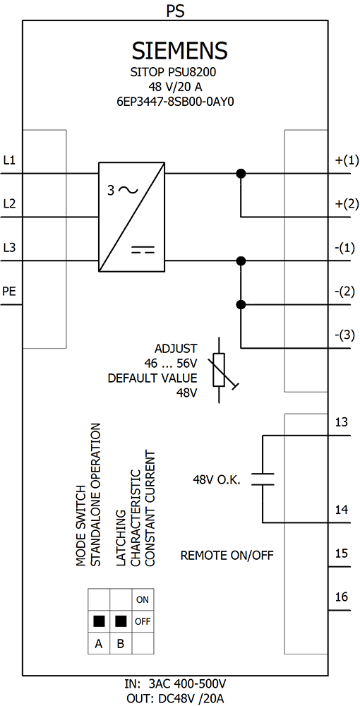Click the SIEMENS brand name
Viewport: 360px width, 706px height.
[179, 51]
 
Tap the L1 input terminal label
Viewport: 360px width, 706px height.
[9, 160]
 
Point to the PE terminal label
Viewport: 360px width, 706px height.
[9, 292]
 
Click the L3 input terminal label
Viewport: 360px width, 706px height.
[9, 248]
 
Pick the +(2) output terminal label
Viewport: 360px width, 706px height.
[344, 204]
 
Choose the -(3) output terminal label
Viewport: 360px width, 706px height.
[344, 335]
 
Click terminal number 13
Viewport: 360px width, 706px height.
[342, 422]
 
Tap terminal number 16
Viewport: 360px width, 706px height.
[342, 597]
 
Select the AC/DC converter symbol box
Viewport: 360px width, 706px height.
[131, 217]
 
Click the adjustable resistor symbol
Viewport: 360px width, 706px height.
[220, 369]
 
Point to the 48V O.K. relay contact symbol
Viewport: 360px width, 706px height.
[263, 479]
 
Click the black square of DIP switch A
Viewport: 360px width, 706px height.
[99, 621]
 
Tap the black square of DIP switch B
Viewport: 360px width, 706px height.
[121, 621]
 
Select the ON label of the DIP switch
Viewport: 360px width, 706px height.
[143, 599]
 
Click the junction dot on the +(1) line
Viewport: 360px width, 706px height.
[241, 173]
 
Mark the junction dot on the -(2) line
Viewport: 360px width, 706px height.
[241, 304]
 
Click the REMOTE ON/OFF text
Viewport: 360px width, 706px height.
[227, 555]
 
